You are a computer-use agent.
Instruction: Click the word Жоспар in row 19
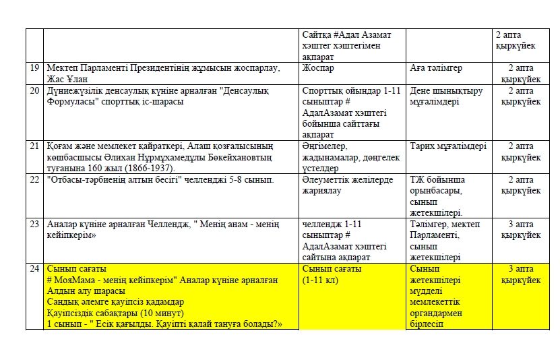pos(318,68)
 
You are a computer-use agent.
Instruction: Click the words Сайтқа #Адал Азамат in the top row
pos(346,35)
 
